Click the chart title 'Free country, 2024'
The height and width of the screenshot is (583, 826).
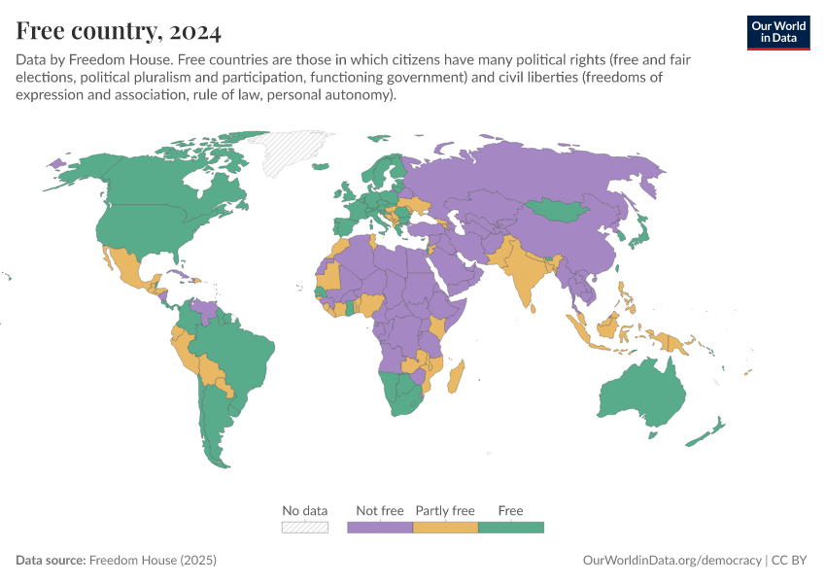[x=119, y=31]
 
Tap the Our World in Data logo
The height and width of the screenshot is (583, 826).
[x=777, y=32]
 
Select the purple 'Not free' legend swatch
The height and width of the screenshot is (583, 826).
[x=380, y=527]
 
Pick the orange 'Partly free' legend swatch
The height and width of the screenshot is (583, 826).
[x=445, y=527]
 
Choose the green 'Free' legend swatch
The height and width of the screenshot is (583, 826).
[x=511, y=527]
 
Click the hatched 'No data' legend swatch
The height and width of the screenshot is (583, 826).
[x=305, y=527]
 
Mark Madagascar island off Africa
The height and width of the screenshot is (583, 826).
[x=457, y=377]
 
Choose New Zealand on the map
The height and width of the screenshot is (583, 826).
[x=707, y=432]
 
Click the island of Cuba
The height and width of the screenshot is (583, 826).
[x=179, y=274]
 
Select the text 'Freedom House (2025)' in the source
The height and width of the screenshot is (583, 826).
[x=153, y=561]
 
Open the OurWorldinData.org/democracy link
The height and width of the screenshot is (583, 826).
[x=671, y=561]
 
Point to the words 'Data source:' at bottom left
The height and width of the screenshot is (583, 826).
[x=51, y=561]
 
